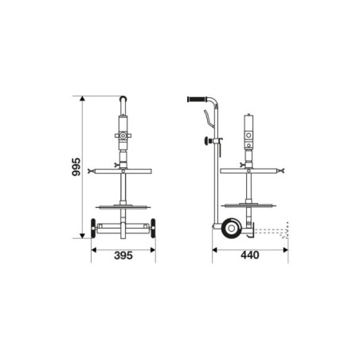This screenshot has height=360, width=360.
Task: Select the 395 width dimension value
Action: pos(123,256)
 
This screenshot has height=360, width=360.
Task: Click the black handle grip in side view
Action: pos(195,100)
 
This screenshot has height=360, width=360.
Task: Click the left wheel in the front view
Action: pos(95,230)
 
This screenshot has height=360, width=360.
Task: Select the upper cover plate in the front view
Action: pos(123,169)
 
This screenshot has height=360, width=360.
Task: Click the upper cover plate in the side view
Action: pos(248,169)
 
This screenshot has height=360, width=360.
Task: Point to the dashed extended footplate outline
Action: pos(274,233)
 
